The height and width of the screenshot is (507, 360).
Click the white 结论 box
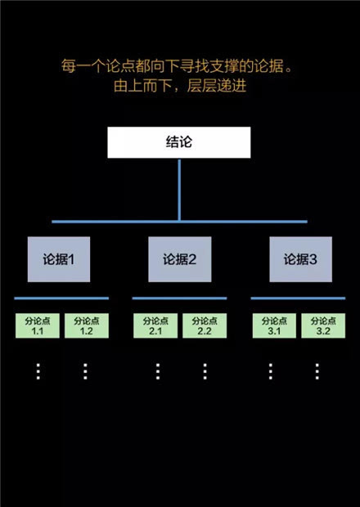[179, 142]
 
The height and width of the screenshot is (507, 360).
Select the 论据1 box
[59, 259]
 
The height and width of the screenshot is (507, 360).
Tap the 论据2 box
[180, 259]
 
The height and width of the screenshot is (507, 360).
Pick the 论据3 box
[301, 259]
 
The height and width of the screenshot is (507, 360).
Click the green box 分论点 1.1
[38, 325]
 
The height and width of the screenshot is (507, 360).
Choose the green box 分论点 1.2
[87, 325]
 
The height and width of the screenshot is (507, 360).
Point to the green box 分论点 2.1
[155, 325]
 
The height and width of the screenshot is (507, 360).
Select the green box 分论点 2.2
[205, 325]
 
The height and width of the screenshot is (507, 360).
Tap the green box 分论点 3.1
[274, 325]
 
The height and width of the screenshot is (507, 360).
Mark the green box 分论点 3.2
[323, 325]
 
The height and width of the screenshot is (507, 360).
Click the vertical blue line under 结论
[179, 190]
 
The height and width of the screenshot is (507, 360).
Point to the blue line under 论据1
[61, 298]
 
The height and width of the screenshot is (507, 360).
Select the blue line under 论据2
[179, 298]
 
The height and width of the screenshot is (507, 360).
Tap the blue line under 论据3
[298, 298]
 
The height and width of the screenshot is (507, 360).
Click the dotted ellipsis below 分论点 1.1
[38, 371]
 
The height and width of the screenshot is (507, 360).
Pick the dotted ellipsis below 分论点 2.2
[205, 371]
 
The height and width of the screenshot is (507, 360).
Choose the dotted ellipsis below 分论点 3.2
[317, 371]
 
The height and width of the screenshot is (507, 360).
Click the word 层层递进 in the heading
[217, 86]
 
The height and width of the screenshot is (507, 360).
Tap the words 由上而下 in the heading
[143, 86]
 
